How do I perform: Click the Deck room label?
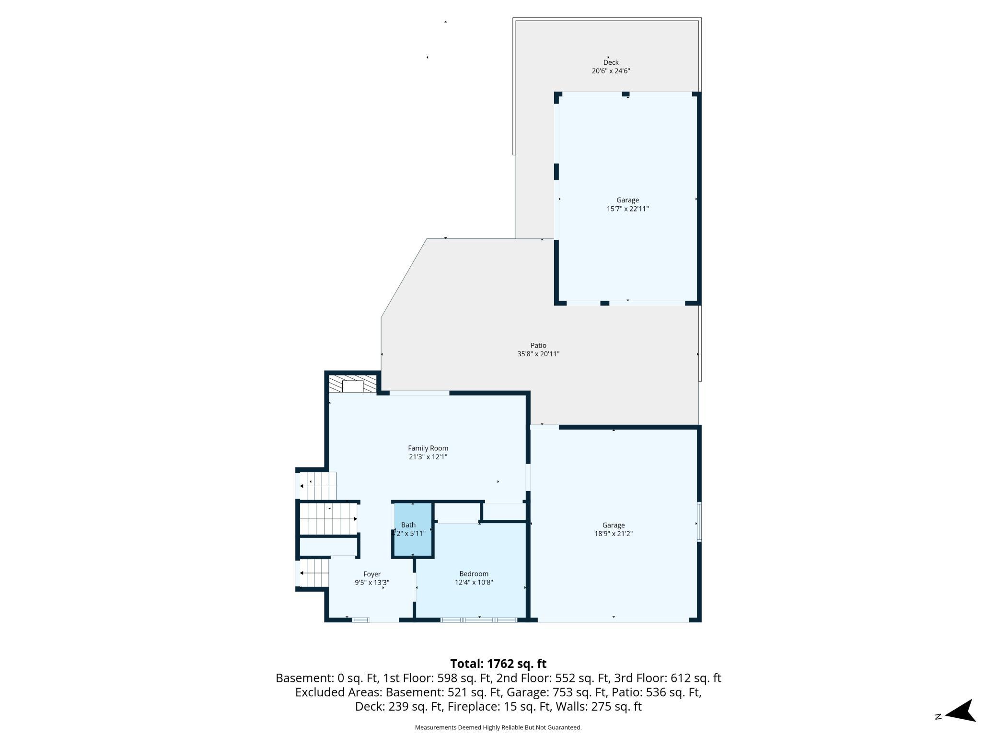point(611,62)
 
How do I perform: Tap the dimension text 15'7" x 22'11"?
point(627,209)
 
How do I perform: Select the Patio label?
point(538,345)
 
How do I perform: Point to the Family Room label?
point(428,448)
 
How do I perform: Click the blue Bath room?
point(413,530)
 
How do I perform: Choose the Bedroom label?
point(474,574)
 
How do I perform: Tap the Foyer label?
point(372,574)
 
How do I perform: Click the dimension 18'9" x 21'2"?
point(614,534)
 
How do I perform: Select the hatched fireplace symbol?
point(352,384)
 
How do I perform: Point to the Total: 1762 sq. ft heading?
point(498,664)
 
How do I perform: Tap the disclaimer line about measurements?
point(498,727)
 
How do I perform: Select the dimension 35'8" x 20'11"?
point(538,354)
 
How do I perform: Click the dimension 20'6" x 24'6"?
point(611,71)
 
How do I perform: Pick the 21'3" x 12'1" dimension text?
point(428,457)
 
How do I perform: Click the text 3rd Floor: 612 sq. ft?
point(679,678)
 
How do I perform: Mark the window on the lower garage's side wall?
point(699,522)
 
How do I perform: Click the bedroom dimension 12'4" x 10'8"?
point(474,583)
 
